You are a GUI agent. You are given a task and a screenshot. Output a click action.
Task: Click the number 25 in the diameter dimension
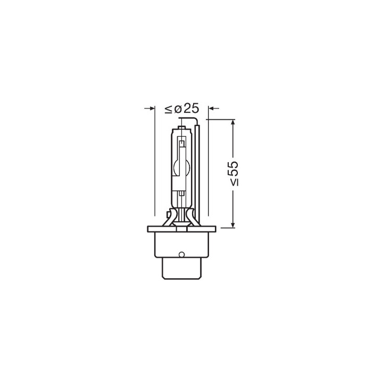point(191,109)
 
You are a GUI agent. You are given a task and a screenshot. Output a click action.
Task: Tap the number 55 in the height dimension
point(234,169)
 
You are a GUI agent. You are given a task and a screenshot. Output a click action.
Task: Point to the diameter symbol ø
point(178,109)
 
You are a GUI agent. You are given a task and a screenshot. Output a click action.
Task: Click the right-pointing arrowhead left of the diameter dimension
point(152,108)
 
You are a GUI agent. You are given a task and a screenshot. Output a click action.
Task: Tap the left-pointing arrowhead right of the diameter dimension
point(211,108)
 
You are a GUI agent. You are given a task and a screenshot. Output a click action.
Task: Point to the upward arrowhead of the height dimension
point(233,122)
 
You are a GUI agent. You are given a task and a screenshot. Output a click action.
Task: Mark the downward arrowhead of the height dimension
point(233,224)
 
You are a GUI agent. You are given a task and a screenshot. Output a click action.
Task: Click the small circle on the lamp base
point(181,254)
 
